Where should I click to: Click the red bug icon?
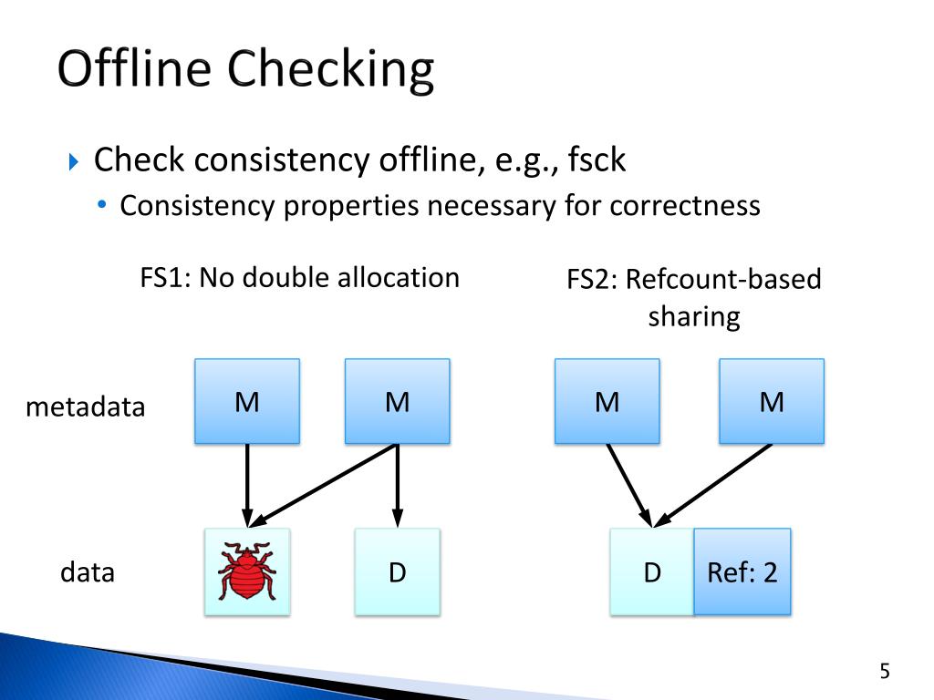(246, 571)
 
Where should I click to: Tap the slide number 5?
(884, 673)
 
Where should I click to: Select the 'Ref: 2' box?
(742, 572)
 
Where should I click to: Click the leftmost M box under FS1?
(246, 401)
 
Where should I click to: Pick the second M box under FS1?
(397, 401)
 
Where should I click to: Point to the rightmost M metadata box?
(772, 401)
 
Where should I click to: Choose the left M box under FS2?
(607, 401)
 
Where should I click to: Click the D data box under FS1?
(397, 572)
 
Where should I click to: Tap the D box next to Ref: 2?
(651, 572)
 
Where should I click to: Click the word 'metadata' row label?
(85, 407)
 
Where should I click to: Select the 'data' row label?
(88, 573)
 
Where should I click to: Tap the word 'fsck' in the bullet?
(597, 160)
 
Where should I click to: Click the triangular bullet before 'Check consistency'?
(75, 162)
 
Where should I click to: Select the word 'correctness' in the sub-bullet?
(685, 206)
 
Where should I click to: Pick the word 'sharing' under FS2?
(693, 317)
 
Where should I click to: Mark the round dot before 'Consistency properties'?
(104, 206)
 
